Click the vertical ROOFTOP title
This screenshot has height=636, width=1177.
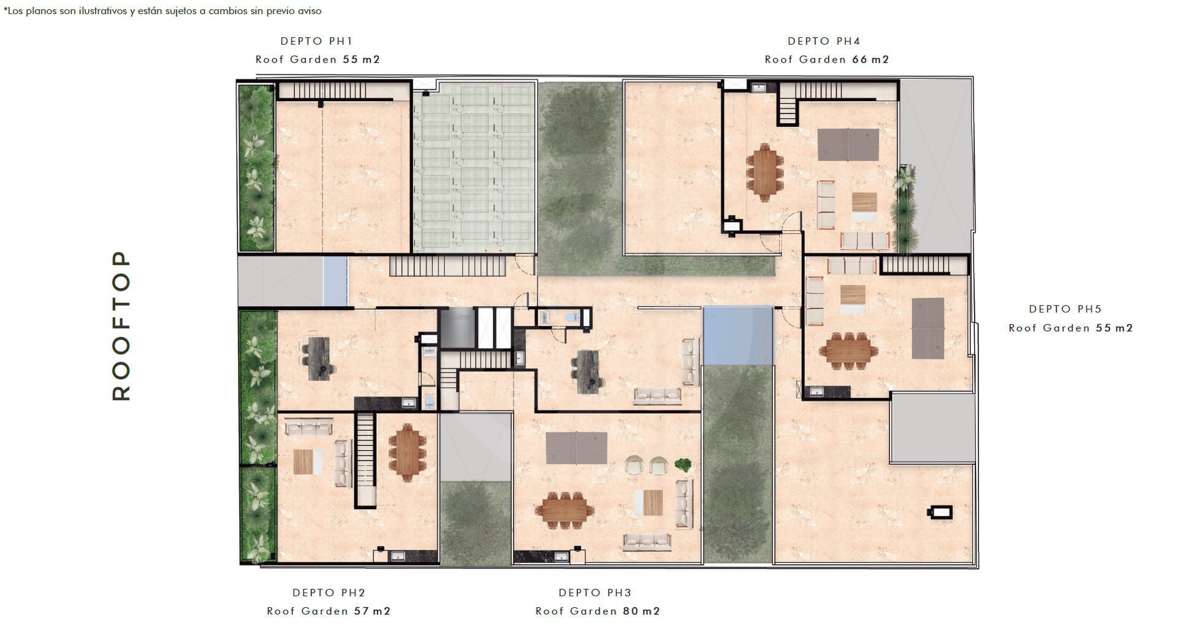(121, 325)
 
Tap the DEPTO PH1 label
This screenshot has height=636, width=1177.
(317, 41)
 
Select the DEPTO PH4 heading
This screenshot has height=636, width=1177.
(825, 41)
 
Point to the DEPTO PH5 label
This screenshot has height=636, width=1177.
(1065, 309)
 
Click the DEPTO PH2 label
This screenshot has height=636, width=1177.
(329, 592)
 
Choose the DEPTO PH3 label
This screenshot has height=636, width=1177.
(595, 592)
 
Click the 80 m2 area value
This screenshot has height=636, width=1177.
(642, 611)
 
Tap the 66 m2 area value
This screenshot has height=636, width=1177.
(870, 59)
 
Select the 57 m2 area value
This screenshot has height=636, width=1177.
(372, 611)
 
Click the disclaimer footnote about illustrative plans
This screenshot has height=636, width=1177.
(162, 11)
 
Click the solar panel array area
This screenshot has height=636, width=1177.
(474, 167)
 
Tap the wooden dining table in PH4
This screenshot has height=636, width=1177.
(764, 172)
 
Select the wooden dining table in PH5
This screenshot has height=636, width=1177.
(848, 351)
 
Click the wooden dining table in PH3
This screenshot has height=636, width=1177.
(564, 510)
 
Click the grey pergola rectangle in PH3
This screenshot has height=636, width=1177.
(576, 448)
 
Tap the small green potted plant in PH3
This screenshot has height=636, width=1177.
(683, 465)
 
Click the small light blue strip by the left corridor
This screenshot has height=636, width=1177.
(335, 281)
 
